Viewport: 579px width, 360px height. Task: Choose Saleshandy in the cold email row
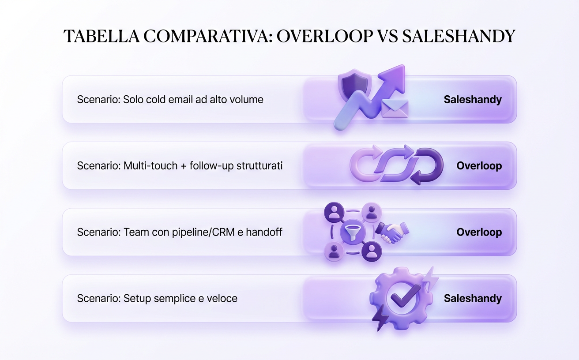[473, 100]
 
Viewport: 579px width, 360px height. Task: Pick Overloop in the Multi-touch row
[479, 166]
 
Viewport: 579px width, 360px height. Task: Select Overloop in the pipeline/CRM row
[479, 232]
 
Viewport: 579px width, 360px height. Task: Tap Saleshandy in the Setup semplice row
[473, 299]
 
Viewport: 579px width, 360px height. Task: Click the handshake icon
[392, 232]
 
